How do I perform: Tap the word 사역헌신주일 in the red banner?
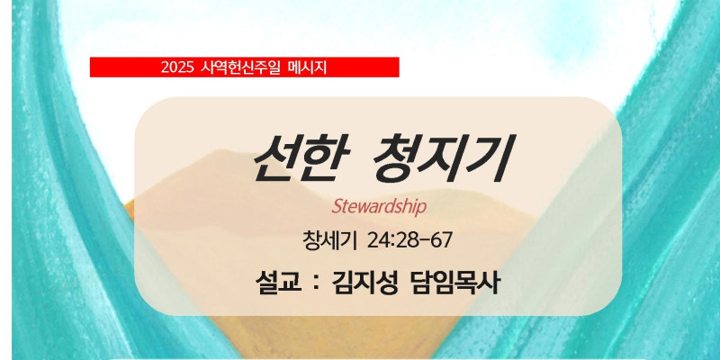[x=240, y=68]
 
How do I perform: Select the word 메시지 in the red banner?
[x=307, y=68]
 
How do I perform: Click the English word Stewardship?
[x=379, y=207]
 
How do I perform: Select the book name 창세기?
[x=329, y=240]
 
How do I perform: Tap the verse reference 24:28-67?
[x=410, y=240]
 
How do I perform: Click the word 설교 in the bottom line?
[x=279, y=284]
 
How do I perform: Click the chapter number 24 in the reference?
[x=378, y=240]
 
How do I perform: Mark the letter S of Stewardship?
[x=336, y=207]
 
